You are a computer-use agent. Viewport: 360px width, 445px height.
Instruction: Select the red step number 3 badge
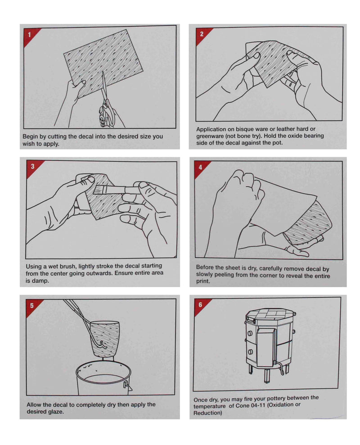coord(32,166)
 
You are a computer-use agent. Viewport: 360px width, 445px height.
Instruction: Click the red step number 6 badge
coord(200,305)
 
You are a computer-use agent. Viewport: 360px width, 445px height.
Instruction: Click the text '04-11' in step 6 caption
coord(257,405)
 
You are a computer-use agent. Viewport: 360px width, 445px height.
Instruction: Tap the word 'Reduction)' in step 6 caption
coord(208,413)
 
